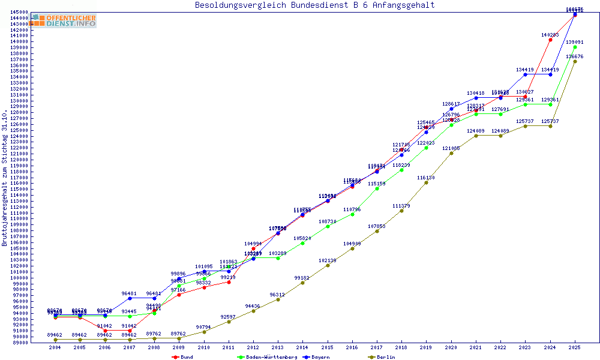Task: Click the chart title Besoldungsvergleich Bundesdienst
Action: tap(314, 5)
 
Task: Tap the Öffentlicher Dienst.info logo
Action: tap(64, 20)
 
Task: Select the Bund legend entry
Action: tap(182, 357)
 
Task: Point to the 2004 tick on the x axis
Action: tap(55, 347)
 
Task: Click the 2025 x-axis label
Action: tap(575, 347)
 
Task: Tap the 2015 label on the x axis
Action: tap(327, 347)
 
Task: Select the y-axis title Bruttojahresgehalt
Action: tap(5, 178)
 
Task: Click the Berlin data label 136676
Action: tap(575, 56)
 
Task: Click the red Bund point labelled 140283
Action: tap(550, 40)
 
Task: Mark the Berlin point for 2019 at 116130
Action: tap(426, 182)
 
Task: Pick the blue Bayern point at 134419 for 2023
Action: tap(525, 74)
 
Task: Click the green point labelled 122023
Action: tap(426, 148)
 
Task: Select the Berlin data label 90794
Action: tap(204, 327)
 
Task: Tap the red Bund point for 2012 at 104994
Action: tap(253, 248)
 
